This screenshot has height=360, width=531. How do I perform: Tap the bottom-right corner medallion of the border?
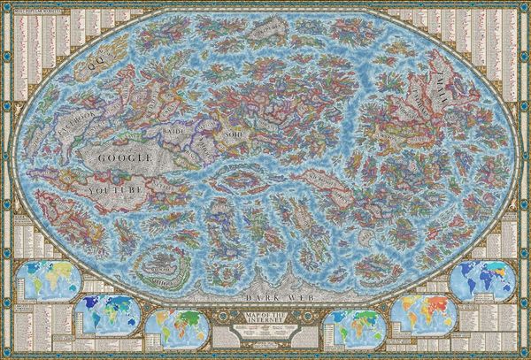(525, 354)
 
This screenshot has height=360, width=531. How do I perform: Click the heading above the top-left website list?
(35, 11)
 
